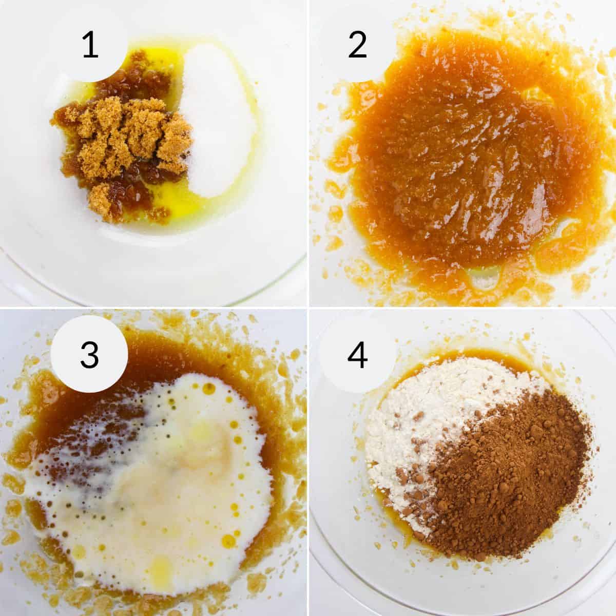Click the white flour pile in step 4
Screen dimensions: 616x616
click(x=411, y=421)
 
